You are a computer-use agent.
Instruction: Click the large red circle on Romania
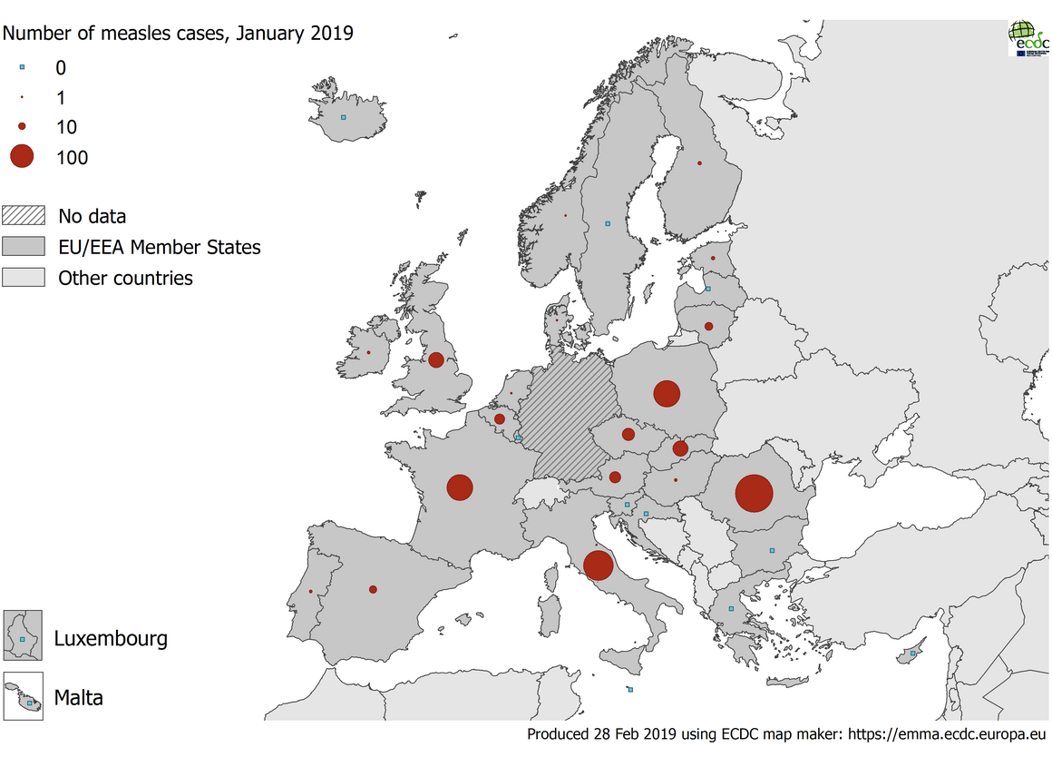[x=754, y=494]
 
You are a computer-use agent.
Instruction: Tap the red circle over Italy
[x=598, y=565]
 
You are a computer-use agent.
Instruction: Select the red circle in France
[x=460, y=487]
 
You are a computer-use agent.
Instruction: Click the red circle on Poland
[x=667, y=393]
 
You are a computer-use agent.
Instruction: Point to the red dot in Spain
[x=373, y=589]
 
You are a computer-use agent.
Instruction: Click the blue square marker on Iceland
[x=343, y=117]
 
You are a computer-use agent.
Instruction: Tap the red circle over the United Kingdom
[x=436, y=359]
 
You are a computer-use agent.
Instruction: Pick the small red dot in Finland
[x=699, y=163]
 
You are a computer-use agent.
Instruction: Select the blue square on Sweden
[x=608, y=223]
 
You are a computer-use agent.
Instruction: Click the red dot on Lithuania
[x=708, y=326]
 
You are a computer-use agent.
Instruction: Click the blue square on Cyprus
[x=913, y=653]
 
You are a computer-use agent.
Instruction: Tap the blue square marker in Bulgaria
[x=772, y=550]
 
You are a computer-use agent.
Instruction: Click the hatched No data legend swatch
[x=24, y=216]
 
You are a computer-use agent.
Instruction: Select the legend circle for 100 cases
[x=22, y=157]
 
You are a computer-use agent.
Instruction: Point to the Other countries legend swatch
[x=24, y=278]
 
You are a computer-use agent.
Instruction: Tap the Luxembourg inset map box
[x=23, y=634]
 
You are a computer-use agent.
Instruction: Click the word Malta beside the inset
[x=78, y=698]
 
